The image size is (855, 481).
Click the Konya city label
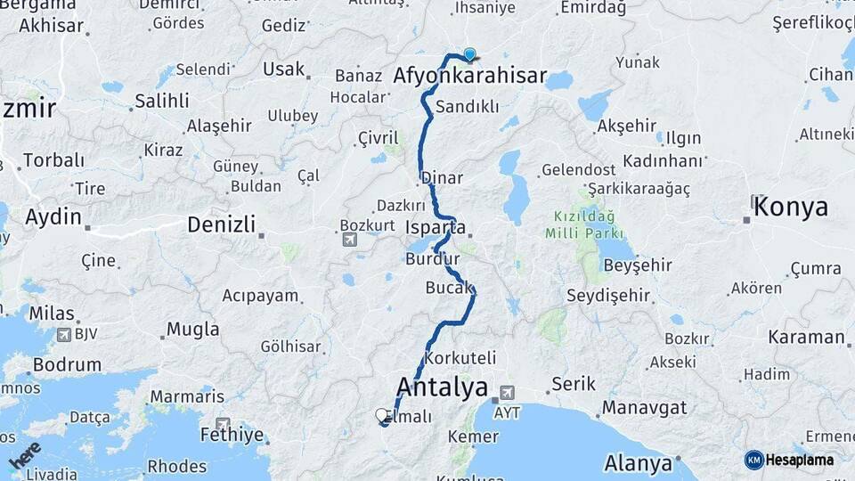click(791, 208)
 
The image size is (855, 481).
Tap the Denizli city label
click(221, 224)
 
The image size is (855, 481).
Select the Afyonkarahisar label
click(469, 76)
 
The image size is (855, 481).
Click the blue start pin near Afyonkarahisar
click(469, 54)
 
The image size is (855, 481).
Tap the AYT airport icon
click(507, 391)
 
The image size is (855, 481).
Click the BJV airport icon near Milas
click(64, 335)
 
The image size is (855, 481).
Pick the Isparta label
click(436, 227)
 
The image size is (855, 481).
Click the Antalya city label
click(442, 387)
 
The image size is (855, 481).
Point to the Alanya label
click(638, 463)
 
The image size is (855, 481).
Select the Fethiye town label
click(232, 436)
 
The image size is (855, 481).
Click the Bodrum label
click(67, 364)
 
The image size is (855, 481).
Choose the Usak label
click(284, 69)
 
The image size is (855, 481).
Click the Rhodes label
click(176, 466)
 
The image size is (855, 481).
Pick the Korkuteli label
click(460, 357)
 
